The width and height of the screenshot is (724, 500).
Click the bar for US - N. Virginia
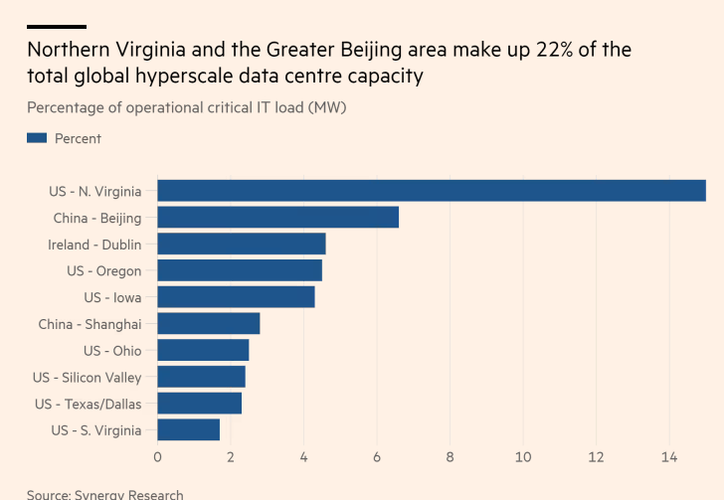432,191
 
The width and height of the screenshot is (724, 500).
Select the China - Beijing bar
278,217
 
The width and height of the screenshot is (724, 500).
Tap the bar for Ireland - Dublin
242,244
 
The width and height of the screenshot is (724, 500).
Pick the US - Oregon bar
240,270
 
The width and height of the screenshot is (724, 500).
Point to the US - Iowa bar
236,297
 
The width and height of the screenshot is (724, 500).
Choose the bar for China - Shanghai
209,324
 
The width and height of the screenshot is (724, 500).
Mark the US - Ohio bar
203,350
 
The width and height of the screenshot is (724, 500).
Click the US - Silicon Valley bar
201,377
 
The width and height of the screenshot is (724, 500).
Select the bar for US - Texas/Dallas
199,404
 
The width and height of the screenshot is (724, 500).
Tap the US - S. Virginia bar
188,430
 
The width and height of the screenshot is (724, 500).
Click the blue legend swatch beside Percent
37,138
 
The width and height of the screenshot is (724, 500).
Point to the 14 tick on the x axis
669,457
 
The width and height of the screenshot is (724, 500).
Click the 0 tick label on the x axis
157,457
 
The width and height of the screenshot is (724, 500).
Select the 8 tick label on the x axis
451,457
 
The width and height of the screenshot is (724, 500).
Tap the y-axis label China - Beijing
96,218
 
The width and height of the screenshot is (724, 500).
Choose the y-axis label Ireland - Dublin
94,245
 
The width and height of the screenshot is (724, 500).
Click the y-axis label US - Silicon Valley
87,378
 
